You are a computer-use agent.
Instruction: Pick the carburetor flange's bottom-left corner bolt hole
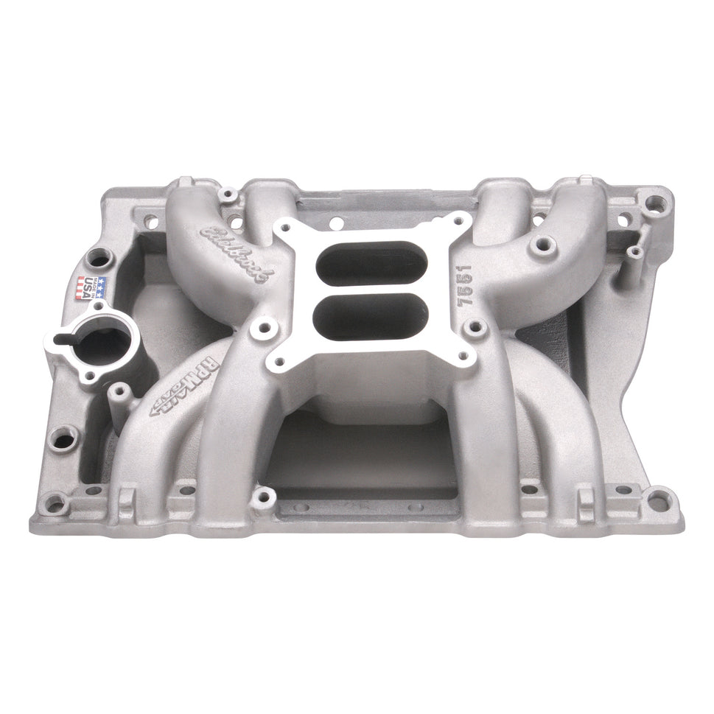pyautogui.click(x=278, y=362)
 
